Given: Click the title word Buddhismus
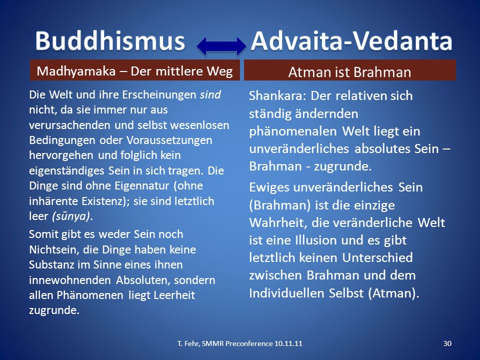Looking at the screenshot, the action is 110,41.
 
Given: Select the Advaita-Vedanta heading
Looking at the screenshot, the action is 351,41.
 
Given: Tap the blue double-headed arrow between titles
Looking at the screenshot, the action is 221,46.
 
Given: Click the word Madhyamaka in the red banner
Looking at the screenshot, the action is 76,71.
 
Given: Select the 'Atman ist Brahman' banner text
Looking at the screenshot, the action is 349,72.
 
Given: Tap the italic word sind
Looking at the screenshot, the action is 210,94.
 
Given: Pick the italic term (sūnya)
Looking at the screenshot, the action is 71,216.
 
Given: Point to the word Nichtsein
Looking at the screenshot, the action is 54,250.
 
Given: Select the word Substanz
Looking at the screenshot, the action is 51,265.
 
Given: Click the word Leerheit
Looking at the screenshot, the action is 174,295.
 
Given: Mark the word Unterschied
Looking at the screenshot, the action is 377,258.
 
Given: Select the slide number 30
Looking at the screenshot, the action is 447,343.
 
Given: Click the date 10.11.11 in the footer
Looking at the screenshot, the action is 288,343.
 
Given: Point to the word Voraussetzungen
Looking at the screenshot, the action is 169,140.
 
